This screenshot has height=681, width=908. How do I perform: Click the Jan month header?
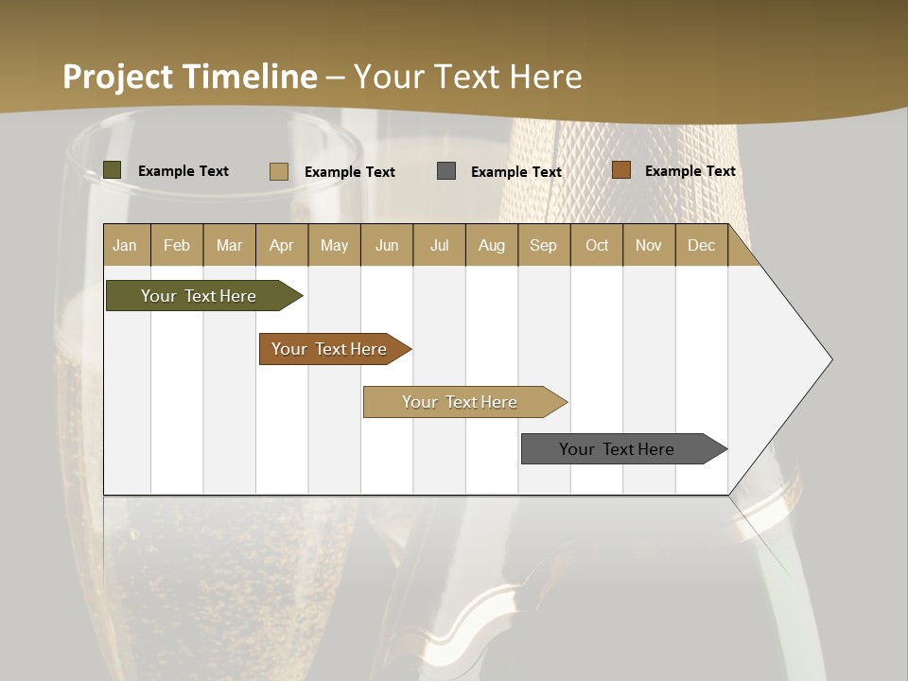coord(126,245)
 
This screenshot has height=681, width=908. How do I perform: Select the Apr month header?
coord(282,245)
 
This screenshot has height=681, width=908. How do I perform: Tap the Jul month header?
coord(439,245)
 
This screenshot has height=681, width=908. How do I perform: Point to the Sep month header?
coord(543,245)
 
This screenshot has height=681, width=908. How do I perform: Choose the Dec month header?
coord(701,245)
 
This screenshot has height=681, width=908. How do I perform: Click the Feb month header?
coord(177,245)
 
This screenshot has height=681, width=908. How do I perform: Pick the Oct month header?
coord(597,245)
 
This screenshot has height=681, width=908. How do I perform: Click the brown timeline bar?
coord(331,349)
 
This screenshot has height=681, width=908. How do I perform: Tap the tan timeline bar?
coord(462,402)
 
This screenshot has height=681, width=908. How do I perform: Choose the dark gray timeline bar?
coord(620,449)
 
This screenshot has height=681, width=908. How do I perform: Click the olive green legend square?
coord(113,170)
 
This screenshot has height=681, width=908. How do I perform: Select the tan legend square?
coord(279,171)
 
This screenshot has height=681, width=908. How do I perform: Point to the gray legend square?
coord(446,171)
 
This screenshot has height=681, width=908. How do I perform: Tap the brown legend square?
coord(621,170)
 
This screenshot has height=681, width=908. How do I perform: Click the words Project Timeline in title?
coord(190,77)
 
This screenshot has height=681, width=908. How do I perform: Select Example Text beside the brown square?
coord(690,171)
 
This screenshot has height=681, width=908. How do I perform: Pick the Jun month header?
coord(387,245)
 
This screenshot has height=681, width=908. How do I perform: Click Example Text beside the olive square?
coord(183,171)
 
